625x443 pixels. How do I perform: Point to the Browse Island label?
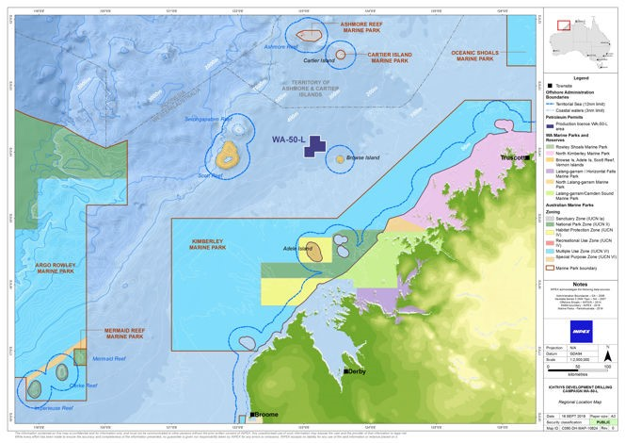click(362, 158)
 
